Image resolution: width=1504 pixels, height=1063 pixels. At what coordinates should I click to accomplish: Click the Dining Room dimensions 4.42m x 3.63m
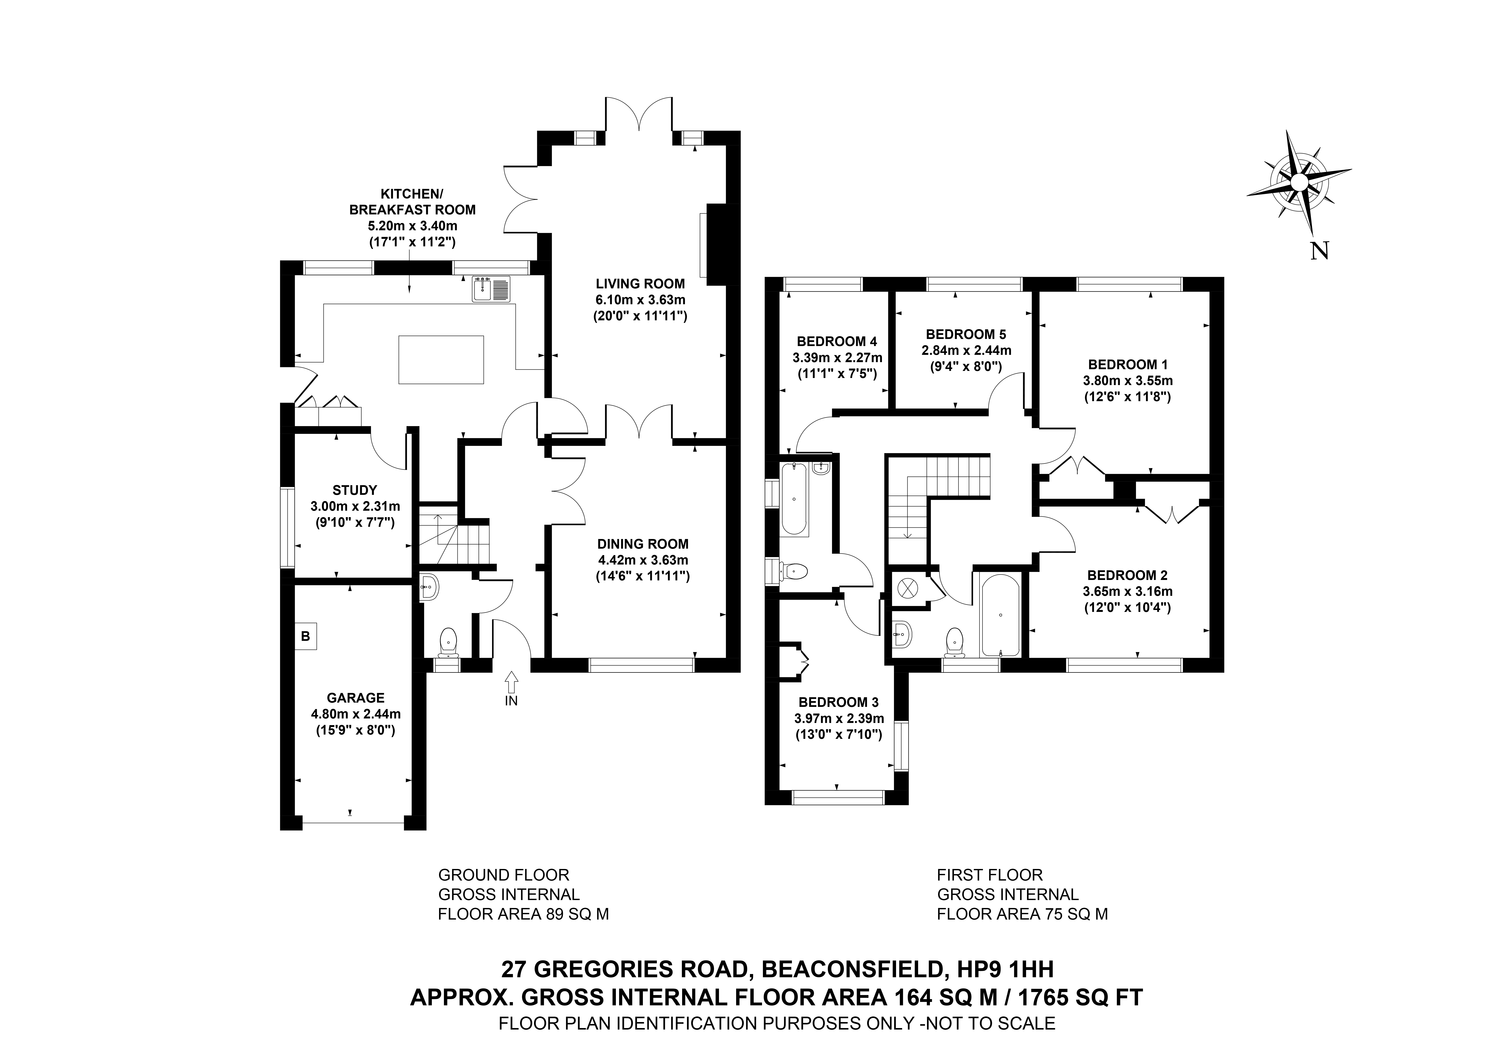tap(643, 560)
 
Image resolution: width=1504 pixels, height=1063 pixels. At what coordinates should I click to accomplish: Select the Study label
tap(354, 490)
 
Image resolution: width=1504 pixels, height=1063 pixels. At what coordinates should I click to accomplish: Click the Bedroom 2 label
tap(1127, 575)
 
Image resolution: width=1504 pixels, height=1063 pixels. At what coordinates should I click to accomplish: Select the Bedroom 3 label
tap(838, 702)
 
